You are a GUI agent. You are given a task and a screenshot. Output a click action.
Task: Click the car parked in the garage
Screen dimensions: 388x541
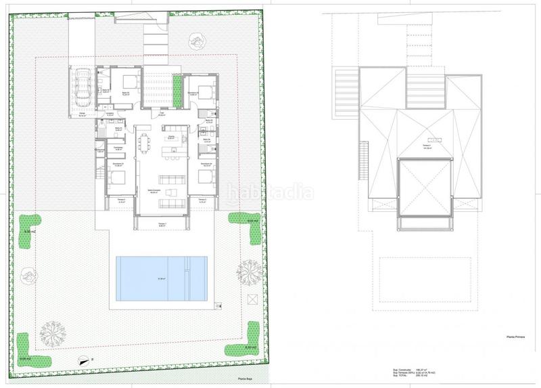(83, 87)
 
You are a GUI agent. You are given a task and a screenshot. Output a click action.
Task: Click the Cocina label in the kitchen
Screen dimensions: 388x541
(172, 137)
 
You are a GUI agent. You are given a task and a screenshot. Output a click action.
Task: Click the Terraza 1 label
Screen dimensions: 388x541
(162, 224)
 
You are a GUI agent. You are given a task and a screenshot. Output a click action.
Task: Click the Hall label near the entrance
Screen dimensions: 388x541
(162, 114)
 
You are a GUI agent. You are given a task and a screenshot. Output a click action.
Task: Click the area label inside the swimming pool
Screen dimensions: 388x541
(162, 279)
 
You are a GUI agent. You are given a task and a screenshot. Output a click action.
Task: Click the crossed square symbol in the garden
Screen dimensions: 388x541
(253, 299)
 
